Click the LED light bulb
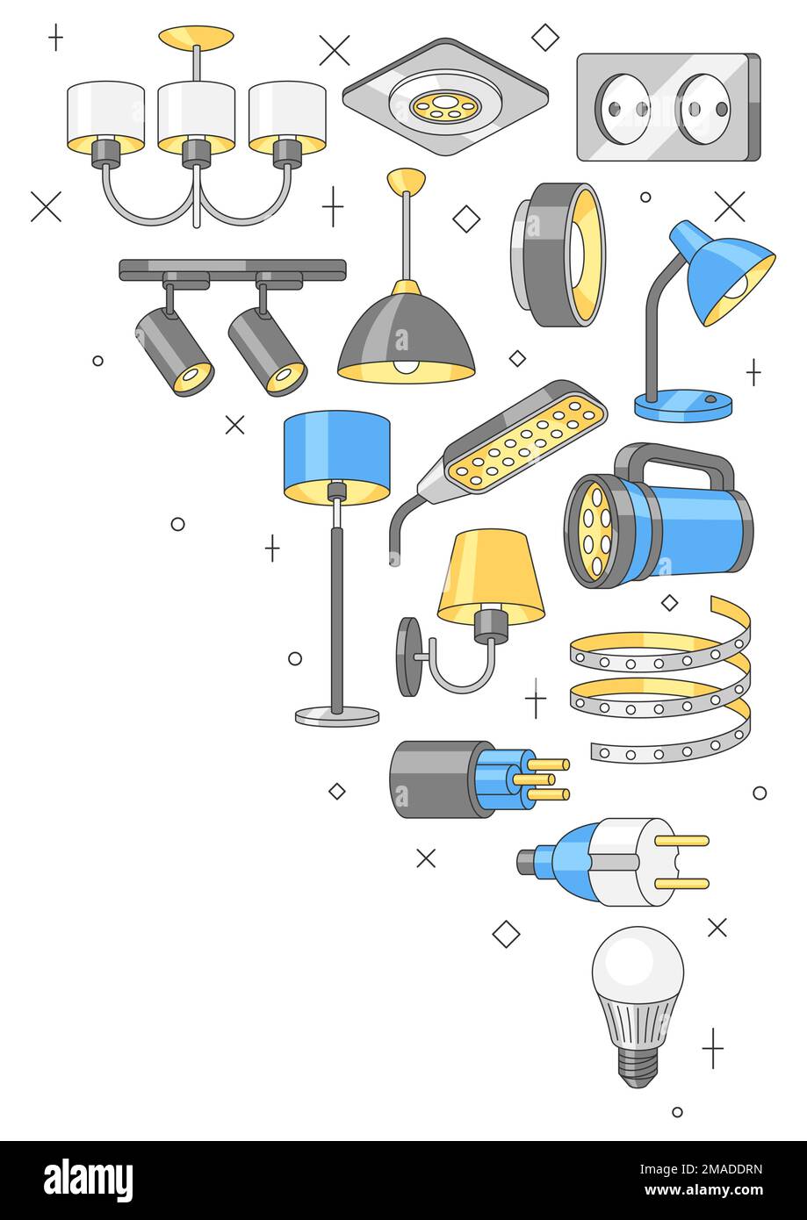[x=638, y=1001]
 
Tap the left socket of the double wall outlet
[x=623, y=109]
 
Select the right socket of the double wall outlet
[x=704, y=109]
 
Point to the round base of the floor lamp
[x=337, y=715]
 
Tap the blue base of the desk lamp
[x=683, y=405]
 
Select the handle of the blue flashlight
[x=674, y=461]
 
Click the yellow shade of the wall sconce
[x=490, y=575]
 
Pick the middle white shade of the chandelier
[x=196, y=111]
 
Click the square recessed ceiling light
[x=445, y=97]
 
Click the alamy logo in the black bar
[x=88, y=1181]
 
